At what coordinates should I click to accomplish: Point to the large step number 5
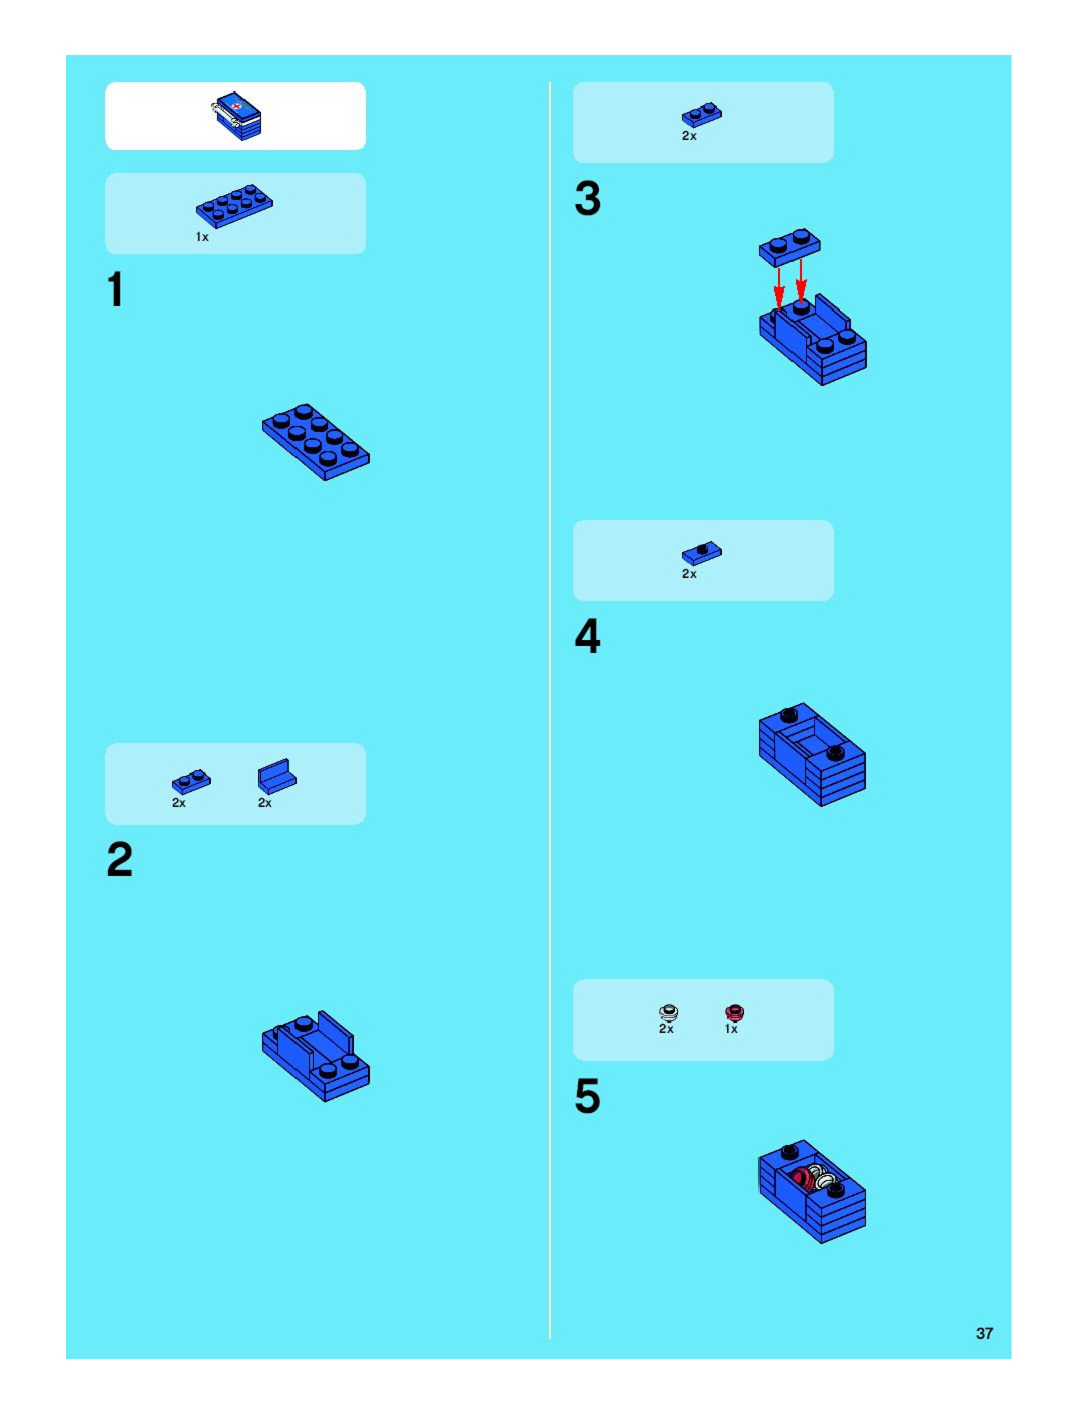coord(588,1096)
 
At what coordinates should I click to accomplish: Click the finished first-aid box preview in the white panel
coord(236,115)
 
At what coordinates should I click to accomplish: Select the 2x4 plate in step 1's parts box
coord(234,206)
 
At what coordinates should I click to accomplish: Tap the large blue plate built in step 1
coord(315,442)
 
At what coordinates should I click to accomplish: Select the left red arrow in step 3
coord(778,289)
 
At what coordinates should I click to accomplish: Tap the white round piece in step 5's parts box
coord(668,1013)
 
